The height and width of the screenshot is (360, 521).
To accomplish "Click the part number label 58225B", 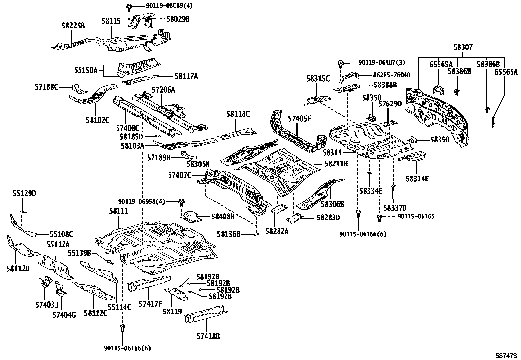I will pyautogui.click(x=73, y=26).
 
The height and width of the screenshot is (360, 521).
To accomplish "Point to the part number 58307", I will pyautogui.click(x=463, y=47).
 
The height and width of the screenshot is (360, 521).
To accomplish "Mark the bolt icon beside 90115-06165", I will pyautogui.click(x=380, y=217).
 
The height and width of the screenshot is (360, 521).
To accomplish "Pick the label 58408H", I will pyautogui.click(x=223, y=216).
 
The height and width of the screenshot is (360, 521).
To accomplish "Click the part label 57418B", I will pyautogui.click(x=208, y=336).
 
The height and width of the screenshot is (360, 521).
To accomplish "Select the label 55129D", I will pyautogui.click(x=25, y=194).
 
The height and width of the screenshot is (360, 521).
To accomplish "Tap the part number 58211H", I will pyautogui.click(x=336, y=163).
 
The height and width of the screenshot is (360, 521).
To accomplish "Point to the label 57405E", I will pyautogui.click(x=299, y=119).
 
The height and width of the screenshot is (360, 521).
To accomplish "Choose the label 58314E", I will pyautogui.click(x=417, y=179).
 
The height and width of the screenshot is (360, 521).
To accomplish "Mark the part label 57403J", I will pyautogui.click(x=47, y=305).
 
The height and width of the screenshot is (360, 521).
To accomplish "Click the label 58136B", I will pyautogui.click(x=229, y=234).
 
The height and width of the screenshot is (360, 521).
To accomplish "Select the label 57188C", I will pyautogui.click(x=46, y=87).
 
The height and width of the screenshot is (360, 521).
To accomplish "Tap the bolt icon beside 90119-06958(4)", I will pyautogui.click(x=181, y=201).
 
